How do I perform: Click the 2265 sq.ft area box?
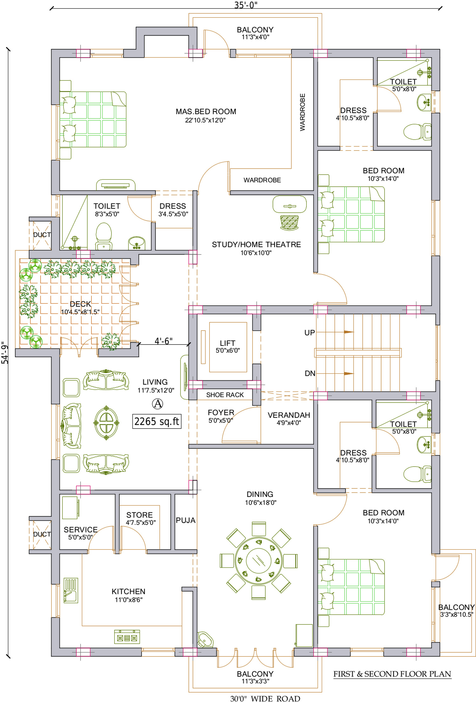tap(157, 422)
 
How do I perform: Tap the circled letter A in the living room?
tap(157, 404)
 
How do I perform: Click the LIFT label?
tap(228, 343)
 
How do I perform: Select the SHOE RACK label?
tap(225, 395)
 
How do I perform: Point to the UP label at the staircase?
tap(309, 333)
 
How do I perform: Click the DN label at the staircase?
tap(310, 374)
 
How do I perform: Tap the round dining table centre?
tap(259, 561)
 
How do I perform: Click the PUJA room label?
tap(186, 520)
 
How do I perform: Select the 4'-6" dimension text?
tap(163, 341)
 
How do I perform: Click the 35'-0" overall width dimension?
tap(246, 5)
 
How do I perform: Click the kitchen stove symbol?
tap(127, 637)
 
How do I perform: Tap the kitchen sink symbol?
tap(71, 590)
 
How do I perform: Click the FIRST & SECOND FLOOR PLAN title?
tap(392, 674)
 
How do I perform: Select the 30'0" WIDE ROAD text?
tap(265, 699)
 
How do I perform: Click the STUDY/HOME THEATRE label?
tap(256, 245)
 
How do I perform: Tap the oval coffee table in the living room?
tap(106, 423)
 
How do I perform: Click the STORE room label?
tap(139, 515)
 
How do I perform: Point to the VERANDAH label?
tap(289, 415)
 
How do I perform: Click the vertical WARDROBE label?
tap(302, 112)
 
